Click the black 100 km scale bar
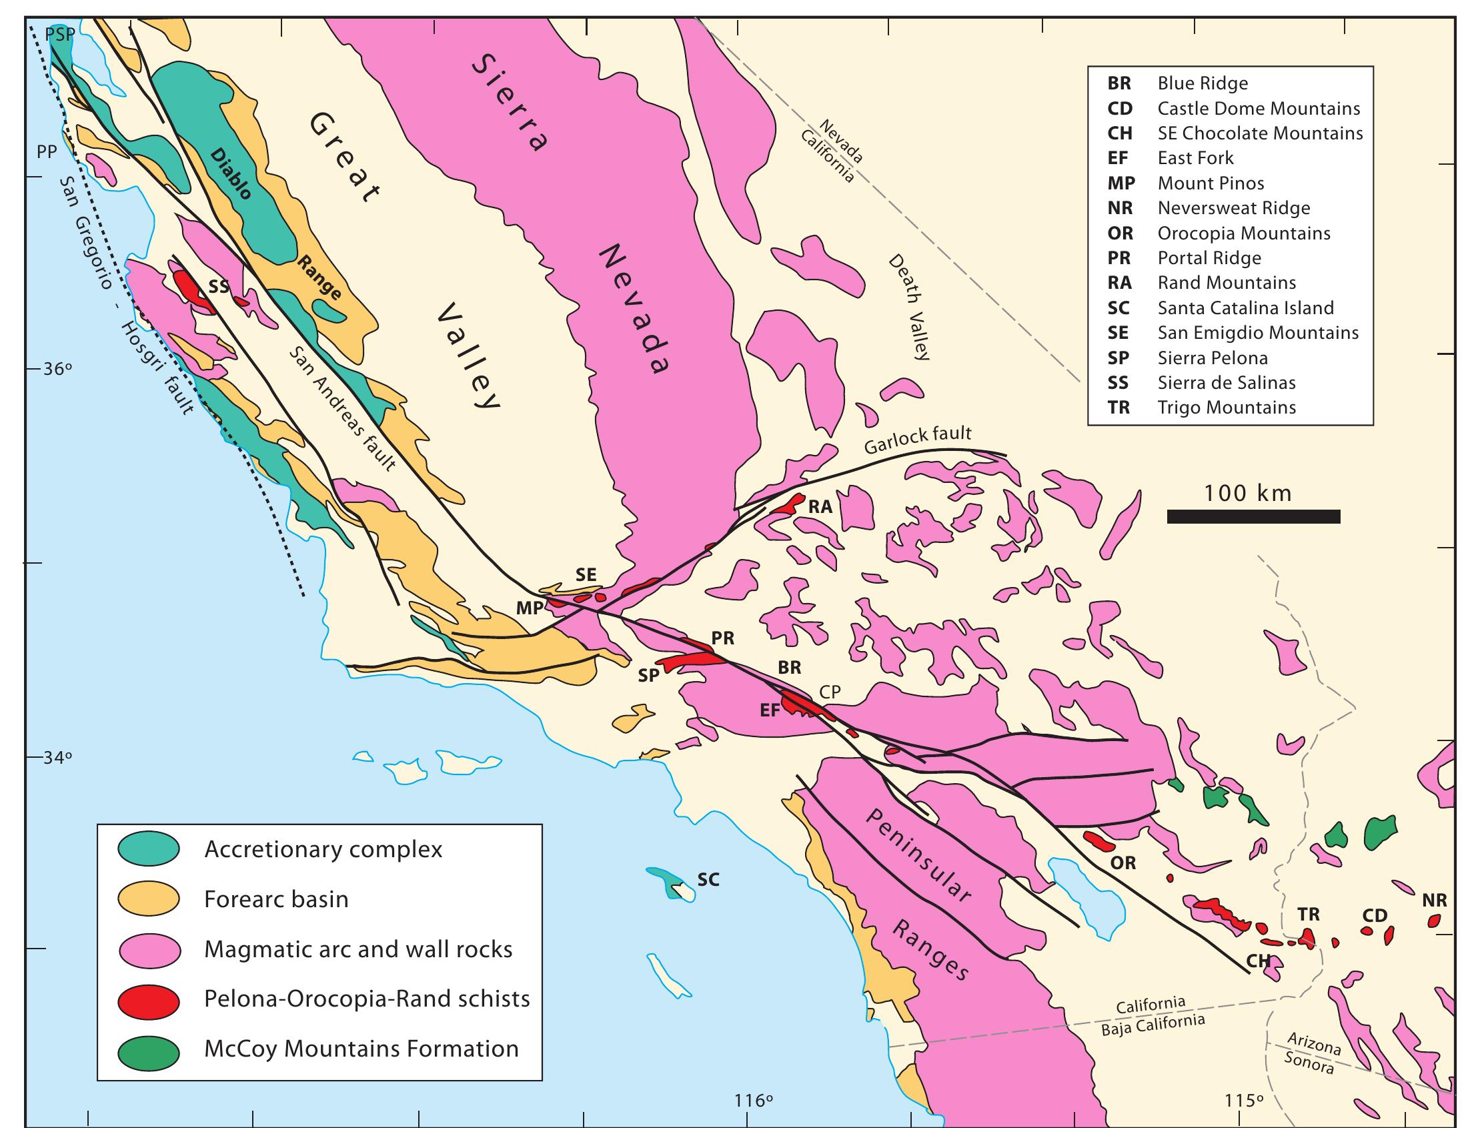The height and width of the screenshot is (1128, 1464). pos(1253,516)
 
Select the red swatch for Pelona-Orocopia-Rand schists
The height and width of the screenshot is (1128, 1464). pos(148,999)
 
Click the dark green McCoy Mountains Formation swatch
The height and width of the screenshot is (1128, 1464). pos(148,1049)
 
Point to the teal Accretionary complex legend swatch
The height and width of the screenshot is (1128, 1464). pos(148,849)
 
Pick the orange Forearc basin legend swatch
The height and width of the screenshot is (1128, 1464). pos(148,899)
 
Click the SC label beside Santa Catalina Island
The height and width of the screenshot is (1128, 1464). pos(708,879)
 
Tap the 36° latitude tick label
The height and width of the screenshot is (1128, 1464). pos(57,370)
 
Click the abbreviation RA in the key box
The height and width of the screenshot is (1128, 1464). pos(1119,283)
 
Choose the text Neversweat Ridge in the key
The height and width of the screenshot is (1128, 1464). pos(1233,208)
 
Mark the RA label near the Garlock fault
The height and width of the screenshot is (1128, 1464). pos(820,507)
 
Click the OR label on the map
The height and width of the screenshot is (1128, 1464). pos(1123,863)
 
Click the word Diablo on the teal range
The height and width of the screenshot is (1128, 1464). pos(231,173)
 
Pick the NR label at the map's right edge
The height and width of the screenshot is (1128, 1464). pos(1435,901)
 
